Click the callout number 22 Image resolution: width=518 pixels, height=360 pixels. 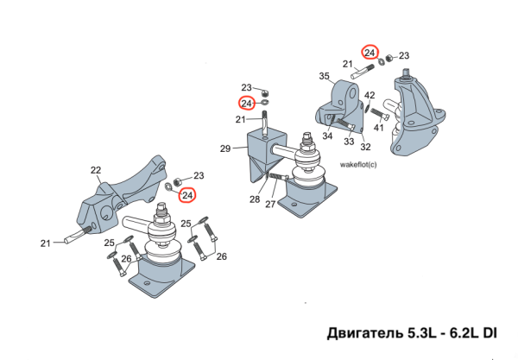pos(96,170)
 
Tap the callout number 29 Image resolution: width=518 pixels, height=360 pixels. pos(224,148)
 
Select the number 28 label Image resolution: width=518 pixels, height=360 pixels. pos(254,200)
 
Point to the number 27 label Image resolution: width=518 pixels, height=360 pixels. pos(270,205)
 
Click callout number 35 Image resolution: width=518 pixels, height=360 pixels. pos(325,77)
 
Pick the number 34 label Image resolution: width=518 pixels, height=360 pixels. pos(328,136)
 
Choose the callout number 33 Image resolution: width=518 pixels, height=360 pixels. pos(349,142)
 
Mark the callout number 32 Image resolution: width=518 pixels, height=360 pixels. pos(366,148)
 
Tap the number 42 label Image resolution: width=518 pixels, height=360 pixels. pos(369,95)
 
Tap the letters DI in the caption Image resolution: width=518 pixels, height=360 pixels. pos(489,332)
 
